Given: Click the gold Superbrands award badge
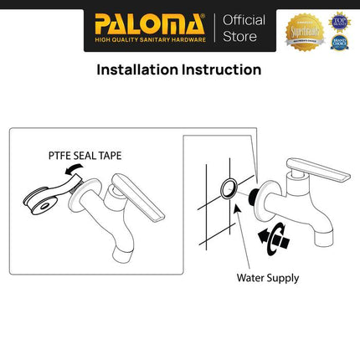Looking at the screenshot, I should click(x=306, y=30).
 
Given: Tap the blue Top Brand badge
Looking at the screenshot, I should click(x=339, y=18).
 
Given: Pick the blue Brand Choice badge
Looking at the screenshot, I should click(x=339, y=43).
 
